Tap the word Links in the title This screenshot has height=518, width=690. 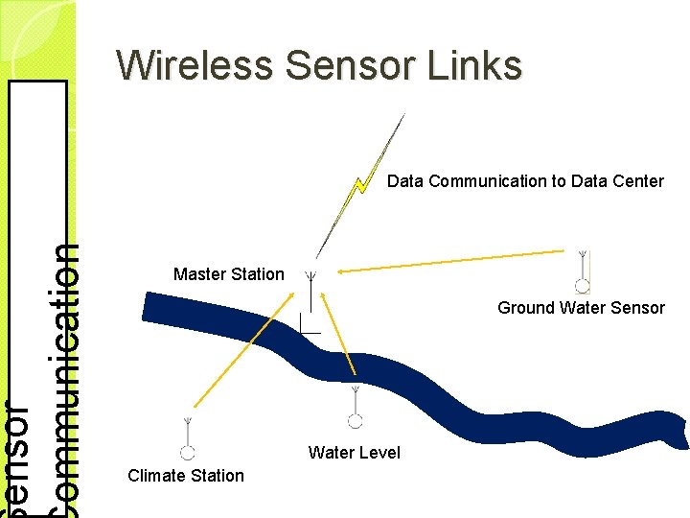483,65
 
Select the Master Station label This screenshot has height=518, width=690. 229,274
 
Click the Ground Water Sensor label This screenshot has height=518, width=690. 581,308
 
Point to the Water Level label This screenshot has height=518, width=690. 355,453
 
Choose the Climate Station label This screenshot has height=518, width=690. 186,476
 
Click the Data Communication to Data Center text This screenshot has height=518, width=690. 525,181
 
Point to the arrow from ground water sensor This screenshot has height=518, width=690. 450,261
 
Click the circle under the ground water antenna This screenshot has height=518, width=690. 582,285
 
